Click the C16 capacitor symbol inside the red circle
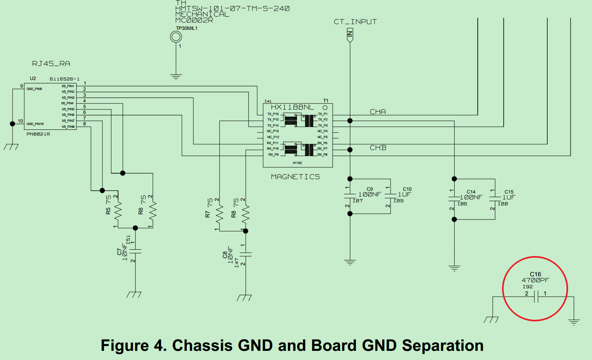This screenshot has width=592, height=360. click(536, 297)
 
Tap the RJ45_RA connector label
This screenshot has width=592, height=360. click(51, 64)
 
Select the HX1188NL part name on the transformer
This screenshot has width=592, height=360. click(292, 107)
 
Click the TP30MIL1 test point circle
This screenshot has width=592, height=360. click(176, 37)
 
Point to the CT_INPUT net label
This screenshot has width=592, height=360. click(355, 22)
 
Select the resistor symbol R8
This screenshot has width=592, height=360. click(246, 215)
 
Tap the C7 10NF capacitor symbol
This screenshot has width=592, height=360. click(135, 251)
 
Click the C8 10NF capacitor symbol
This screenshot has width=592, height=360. click(246, 254)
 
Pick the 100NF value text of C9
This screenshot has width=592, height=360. click(369, 195)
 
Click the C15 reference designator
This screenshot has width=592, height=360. click(509, 192)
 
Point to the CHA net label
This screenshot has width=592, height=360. click(377, 112)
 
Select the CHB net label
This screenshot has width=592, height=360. click(378, 148)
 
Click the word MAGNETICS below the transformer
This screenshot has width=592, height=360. click(295, 177)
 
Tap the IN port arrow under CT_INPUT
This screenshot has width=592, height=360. click(350, 35)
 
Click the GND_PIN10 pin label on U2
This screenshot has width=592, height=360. click(35, 124)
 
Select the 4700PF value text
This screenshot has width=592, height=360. click(535, 280)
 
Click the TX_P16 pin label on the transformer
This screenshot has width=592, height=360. click(273, 114)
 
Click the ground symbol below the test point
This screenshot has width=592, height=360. click(176, 76)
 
